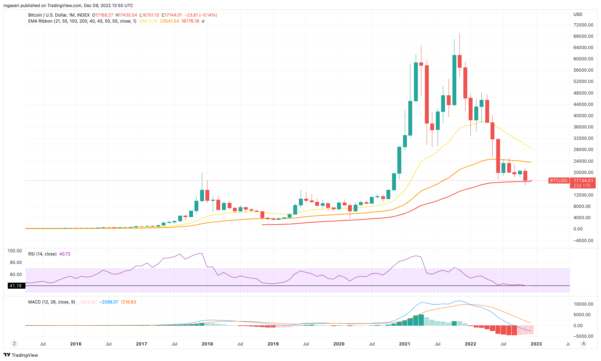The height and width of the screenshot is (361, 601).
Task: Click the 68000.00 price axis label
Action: pos(583,36)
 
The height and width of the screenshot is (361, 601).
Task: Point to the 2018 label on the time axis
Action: pos(207,344)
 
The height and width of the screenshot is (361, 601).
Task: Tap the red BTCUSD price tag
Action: pos(559,181)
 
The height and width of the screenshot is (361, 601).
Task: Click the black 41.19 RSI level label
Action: pos(16,286)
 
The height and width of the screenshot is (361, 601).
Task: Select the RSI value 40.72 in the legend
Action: pos(65,254)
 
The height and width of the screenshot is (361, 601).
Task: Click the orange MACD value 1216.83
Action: pos(128,302)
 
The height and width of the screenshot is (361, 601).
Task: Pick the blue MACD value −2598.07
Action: pos(109,302)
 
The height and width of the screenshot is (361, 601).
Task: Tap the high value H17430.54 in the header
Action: pos(126,15)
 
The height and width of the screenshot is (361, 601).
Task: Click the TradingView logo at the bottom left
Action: pos(21,355)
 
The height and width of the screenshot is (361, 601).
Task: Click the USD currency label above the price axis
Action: pos(578,14)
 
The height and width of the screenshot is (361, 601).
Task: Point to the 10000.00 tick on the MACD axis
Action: pos(583,304)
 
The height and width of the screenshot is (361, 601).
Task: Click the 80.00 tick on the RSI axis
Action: pos(16,263)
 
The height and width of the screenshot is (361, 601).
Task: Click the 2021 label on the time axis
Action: pos(404,344)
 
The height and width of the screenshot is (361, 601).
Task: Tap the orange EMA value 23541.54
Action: pos(169,21)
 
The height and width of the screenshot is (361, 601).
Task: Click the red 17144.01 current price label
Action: pos(583,181)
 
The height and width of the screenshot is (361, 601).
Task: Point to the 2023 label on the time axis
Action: pos(536,344)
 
